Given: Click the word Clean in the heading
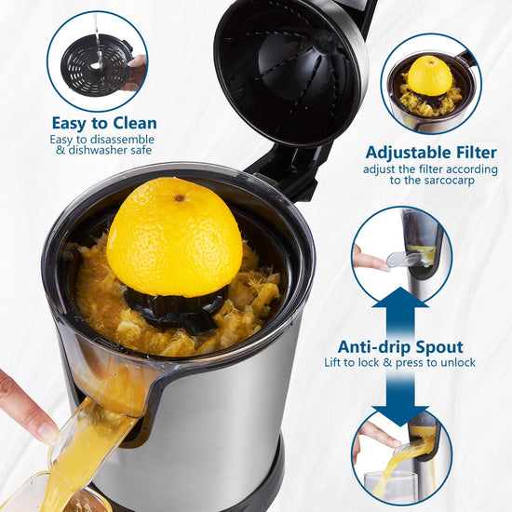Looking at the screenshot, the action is pyautogui.click(x=135, y=124).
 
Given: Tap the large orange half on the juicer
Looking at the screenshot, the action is pyautogui.click(x=175, y=237).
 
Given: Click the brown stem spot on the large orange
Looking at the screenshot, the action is pyautogui.click(x=179, y=198).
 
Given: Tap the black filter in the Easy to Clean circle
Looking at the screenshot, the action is pyautogui.click(x=97, y=65).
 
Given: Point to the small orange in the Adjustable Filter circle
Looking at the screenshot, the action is pyautogui.click(x=430, y=76).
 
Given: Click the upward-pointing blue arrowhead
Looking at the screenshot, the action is pyautogui.click(x=400, y=297).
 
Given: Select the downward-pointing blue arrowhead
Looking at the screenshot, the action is pyautogui.click(x=400, y=416).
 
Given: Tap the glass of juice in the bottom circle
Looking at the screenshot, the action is pyautogui.click(x=391, y=485).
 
